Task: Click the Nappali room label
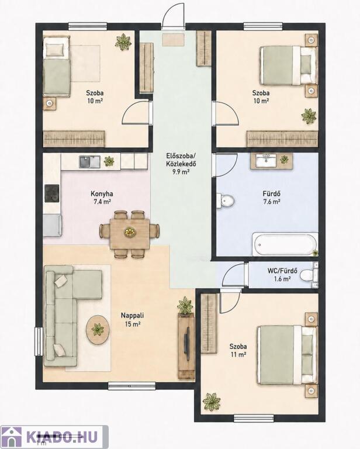[x=132, y=320]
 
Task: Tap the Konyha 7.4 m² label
[x=102, y=198]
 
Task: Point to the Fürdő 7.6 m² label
[x=272, y=198]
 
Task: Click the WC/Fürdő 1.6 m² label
[x=282, y=275]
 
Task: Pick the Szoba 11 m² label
[x=238, y=351]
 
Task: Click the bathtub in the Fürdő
[x=285, y=244]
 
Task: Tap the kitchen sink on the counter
[x=89, y=162]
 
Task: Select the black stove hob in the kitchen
[x=52, y=194]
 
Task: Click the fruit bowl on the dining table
[x=130, y=232]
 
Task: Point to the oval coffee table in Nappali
[x=98, y=330]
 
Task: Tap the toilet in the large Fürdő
[x=226, y=201]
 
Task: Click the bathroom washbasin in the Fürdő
[x=266, y=160]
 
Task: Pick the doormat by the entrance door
[x=174, y=40]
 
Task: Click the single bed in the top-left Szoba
[x=57, y=68]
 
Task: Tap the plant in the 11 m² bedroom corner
[x=212, y=402]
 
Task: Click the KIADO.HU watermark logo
[x=54, y=437]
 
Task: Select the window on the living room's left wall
[x=39, y=341]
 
